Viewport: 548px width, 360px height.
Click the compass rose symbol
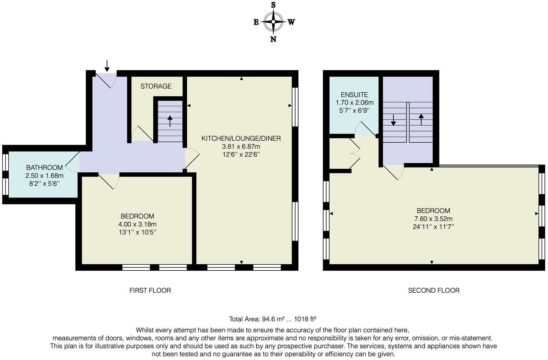pyautogui.click(x=273, y=22)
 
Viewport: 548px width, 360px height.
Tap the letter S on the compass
pyautogui.click(x=273, y=5)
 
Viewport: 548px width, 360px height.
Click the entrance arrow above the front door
pyautogui.click(x=107, y=66)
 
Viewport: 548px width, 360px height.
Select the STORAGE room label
pyautogui.click(x=156, y=86)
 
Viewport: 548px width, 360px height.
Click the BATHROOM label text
pyautogui.click(x=44, y=168)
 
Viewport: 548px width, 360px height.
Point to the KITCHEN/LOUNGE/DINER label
pyautogui.click(x=241, y=138)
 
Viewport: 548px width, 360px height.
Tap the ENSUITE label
pyautogui.click(x=354, y=95)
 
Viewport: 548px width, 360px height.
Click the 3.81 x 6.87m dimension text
pyautogui.click(x=241, y=147)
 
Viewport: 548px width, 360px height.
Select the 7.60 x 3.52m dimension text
pyautogui.click(x=433, y=219)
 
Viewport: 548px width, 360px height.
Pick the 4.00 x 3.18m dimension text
pyautogui.click(x=137, y=224)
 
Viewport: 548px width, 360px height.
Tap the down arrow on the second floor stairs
pyautogui.click(x=393, y=120)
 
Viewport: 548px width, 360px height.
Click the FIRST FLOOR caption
pyautogui.click(x=150, y=290)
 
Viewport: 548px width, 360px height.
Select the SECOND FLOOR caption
pyautogui.click(x=434, y=290)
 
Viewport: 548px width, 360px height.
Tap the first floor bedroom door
pyautogui.click(x=109, y=180)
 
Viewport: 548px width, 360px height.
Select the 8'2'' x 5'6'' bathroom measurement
pyautogui.click(x=44, y=184)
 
